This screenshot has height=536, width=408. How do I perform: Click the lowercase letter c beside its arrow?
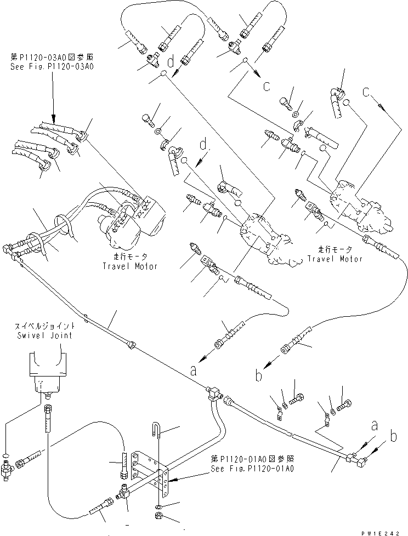tap(267, 85)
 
